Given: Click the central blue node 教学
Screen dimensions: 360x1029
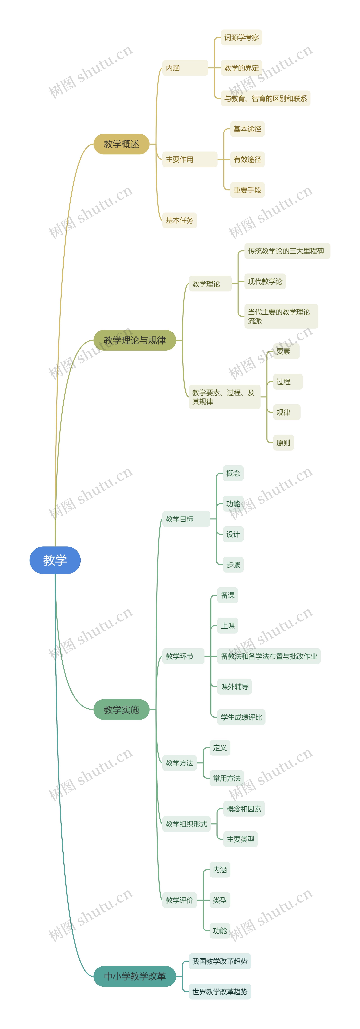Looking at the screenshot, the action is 55,560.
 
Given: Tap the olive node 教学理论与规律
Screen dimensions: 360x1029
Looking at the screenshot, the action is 135,340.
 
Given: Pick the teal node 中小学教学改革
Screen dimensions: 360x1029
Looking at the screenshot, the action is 135,976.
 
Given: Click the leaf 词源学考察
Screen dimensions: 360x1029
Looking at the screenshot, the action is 241,38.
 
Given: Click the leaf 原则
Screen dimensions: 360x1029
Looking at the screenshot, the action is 283,443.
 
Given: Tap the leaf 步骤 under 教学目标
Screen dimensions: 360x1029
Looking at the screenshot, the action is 233,565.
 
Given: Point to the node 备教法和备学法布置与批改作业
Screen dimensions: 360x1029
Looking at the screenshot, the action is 269,656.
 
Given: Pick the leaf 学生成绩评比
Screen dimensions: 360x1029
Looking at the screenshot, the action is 241,717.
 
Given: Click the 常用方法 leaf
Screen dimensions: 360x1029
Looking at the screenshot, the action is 227,778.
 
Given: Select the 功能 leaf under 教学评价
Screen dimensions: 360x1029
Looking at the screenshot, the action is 220,931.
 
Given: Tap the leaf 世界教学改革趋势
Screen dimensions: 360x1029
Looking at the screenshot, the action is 220,991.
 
